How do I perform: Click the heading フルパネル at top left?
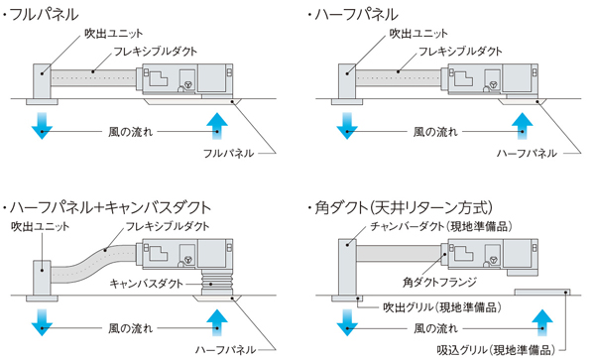(x=44, y=15)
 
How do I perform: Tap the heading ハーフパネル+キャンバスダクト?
(x=110, y=207)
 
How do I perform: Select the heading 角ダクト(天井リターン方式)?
(x=404, y=207)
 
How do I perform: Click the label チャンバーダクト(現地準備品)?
(x=441, y=226)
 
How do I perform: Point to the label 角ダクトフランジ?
(x=439, y=282)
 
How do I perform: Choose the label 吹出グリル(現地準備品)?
(x=442, y=306)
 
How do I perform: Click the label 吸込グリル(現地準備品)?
(x=496, y=349)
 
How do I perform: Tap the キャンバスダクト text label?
(x=146, y=284)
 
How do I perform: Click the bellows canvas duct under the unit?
(x=215, y=283)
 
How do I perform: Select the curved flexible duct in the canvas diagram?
(x=94, y=262)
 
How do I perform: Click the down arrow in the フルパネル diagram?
(x=42, y=126)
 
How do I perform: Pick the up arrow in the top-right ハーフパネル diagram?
(x=523, y=126)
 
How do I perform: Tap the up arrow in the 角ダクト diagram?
(x=542, y=322)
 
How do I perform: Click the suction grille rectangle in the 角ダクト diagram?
(x=542, y=292)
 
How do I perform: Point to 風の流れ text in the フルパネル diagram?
(x=130, y=132)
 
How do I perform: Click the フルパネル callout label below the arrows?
(x=228, y=154)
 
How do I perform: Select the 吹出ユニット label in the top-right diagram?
(x=418, y=34)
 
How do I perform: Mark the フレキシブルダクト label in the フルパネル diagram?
(x=156, y=52)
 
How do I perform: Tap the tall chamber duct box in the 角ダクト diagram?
(x=347, y=267)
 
